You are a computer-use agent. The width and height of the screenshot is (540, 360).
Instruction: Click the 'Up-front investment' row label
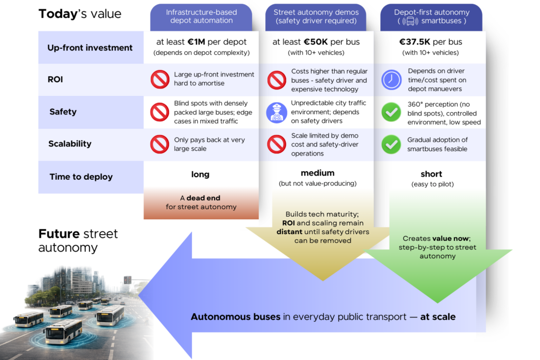(x=90, y=47)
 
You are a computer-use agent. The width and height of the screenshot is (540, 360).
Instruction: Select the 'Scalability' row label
(x=70, y=143)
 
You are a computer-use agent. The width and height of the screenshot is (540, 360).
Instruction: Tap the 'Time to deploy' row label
(x=81, y=177)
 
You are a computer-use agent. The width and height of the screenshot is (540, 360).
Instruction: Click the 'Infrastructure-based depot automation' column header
(x=201, y=16)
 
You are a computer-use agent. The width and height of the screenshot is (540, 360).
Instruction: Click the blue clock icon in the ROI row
(x=391, y=80)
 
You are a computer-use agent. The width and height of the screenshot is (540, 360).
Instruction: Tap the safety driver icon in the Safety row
(x=276, y=112)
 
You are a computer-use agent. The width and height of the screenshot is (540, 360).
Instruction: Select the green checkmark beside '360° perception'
(x=391, y=112)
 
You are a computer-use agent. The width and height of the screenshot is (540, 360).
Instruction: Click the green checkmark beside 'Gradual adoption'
(x=391, y=144)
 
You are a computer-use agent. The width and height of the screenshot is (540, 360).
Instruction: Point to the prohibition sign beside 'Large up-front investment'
(x=160, y=79)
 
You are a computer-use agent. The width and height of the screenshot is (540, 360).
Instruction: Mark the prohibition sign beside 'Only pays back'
(x=160, y=144)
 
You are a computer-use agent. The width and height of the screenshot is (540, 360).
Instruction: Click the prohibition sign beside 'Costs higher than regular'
(x=276, y=80)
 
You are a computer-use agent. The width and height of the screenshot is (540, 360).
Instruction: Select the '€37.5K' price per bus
(x=417, y=42)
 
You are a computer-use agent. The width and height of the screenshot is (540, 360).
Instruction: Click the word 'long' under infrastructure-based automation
(x=200, y=174)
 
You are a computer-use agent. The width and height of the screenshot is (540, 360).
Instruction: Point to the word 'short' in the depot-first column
(x=431, y=174)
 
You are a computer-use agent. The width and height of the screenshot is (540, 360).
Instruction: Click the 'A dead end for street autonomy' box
(x=201, y=203)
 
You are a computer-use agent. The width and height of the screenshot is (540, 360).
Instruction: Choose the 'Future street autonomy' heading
(x=78, y=240)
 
